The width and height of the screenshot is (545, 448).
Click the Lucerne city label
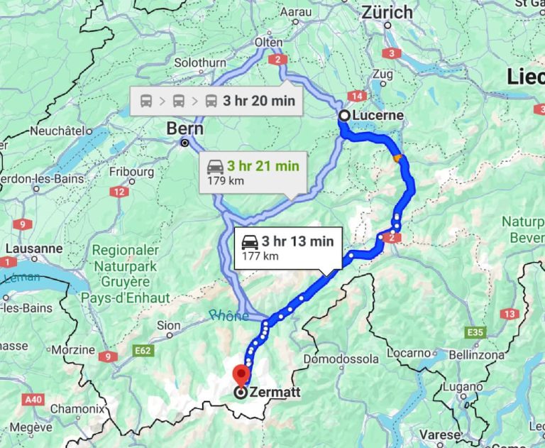click(379, 115)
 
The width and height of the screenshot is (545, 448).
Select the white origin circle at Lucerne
click(343, 115)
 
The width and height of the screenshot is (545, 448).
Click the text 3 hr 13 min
click(297, 241)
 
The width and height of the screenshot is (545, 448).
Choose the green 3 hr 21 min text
click(263, 166)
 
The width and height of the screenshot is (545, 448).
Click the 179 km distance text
click(221, 180)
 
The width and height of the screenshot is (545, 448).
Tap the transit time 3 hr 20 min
click(258, 101)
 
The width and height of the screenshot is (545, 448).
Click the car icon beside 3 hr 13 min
click(249, 241)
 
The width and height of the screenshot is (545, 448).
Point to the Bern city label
click(185, 129)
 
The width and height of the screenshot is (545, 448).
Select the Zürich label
click(387, 12)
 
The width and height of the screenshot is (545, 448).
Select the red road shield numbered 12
click(119, 192)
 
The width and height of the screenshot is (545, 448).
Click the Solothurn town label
click(200, 62)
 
